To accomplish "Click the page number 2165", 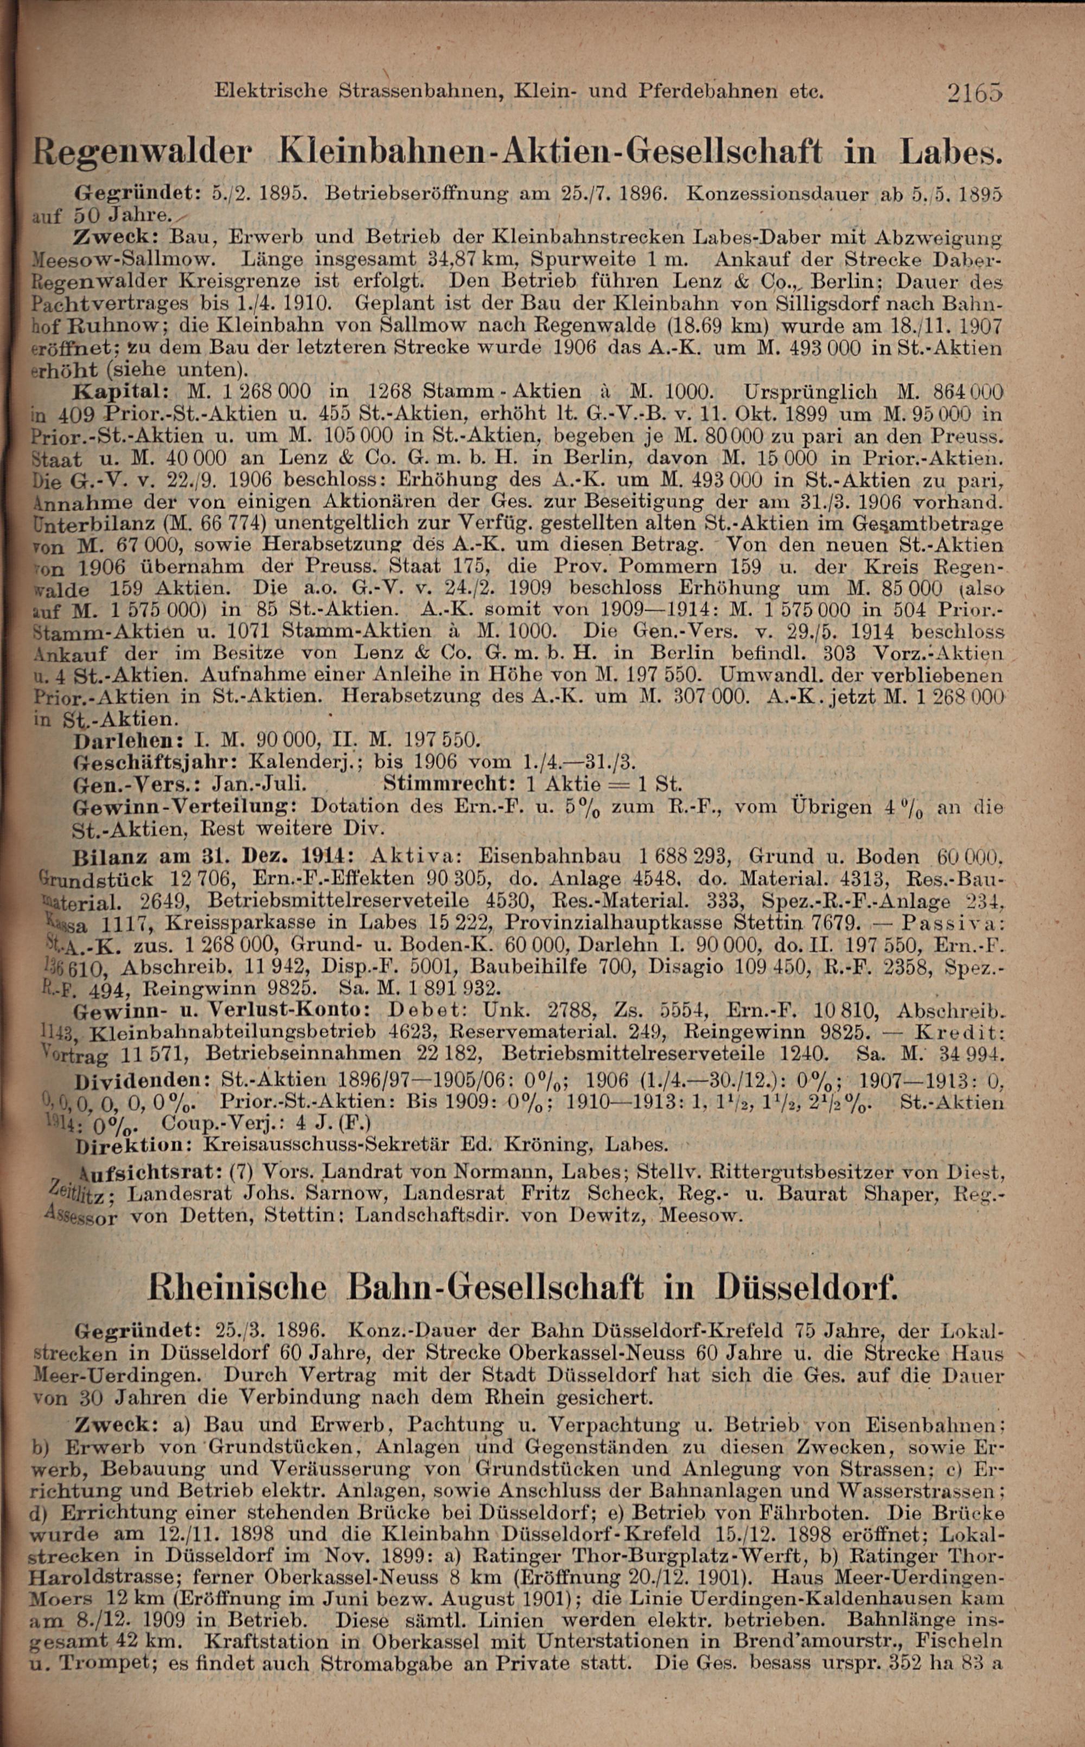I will point(974,93).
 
